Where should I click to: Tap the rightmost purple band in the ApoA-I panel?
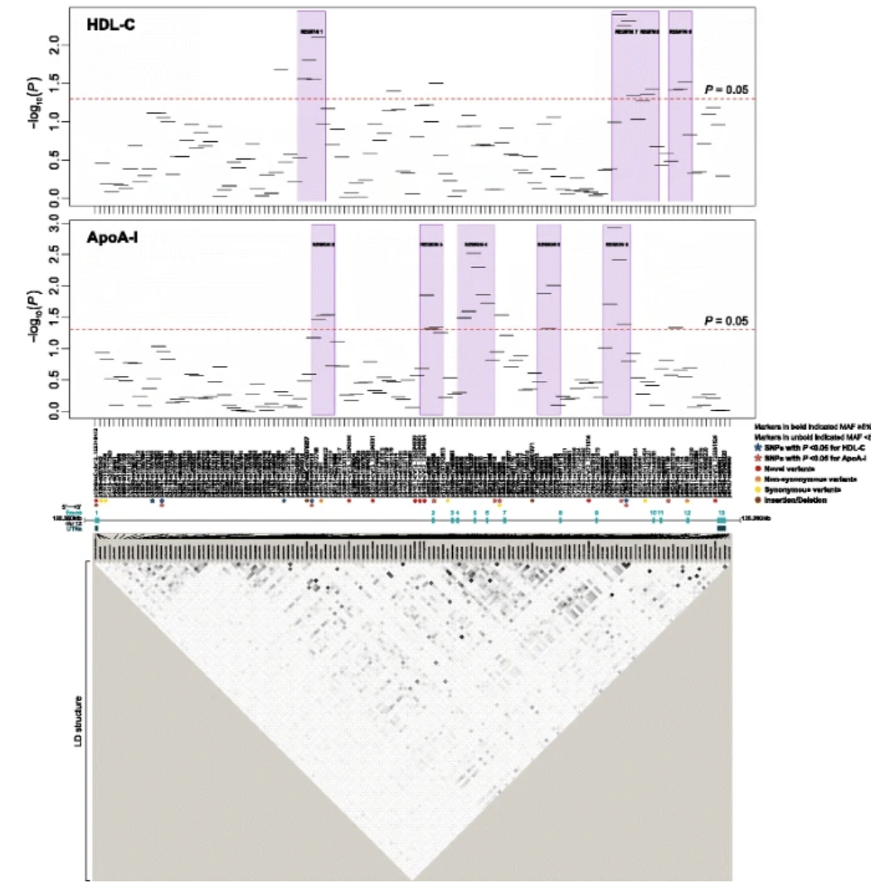[x=616, y=320]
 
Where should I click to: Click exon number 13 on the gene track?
[x=722, y=513]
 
